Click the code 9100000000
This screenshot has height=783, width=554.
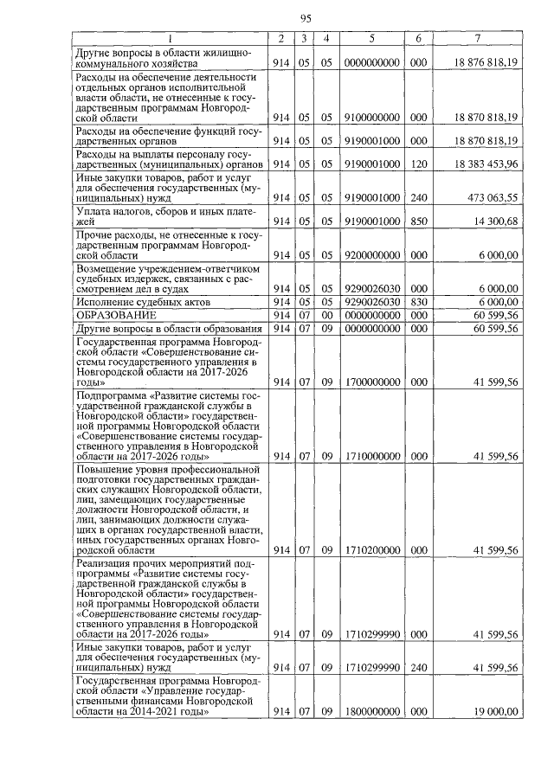pos(371,117)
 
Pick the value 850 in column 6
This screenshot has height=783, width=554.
pos(418,221)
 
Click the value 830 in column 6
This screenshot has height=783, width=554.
pos(418,301)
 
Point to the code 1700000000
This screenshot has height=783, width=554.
pos(371,382)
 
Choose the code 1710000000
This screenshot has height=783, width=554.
pos(371,456)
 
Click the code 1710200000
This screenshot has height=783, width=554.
pos(371,549)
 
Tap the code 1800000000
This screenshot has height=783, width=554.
pos(371,711)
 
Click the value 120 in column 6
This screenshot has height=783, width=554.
pos(418,164)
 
